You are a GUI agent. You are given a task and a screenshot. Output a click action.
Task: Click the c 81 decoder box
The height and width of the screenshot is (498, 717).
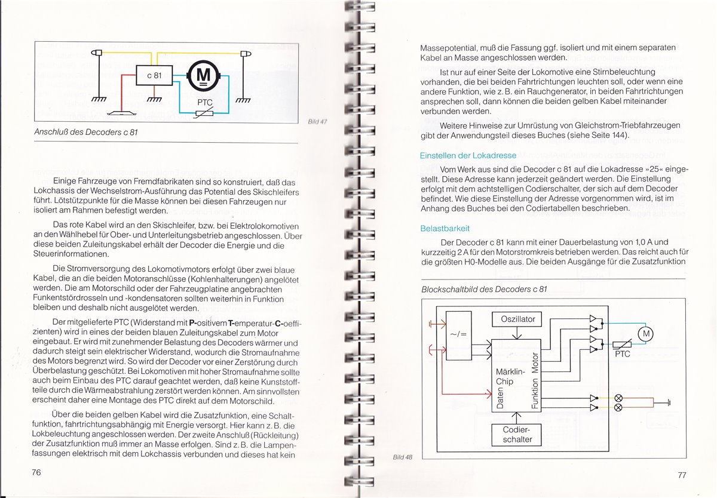[154, 76]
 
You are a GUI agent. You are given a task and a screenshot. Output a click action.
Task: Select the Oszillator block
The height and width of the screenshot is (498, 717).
[517, 319]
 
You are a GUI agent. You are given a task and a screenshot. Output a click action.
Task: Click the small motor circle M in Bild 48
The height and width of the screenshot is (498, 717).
[645, 334]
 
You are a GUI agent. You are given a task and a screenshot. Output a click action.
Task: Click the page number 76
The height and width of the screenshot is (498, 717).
[36, 472]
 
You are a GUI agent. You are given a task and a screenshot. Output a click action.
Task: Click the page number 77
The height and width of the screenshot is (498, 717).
[682, 475]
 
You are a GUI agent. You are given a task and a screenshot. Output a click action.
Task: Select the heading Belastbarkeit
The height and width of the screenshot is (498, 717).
[445, 229]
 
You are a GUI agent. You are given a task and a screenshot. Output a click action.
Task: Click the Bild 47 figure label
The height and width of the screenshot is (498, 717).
[318, 121]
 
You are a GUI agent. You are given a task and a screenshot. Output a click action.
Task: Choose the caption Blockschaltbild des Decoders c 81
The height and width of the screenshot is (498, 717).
[484, 290]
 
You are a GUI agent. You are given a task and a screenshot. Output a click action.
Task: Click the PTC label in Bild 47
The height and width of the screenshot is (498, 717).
[205, 102]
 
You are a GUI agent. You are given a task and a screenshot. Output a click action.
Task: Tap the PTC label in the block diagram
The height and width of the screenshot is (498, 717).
[623, 355]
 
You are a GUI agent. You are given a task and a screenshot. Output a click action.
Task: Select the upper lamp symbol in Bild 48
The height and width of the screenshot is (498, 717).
[618, 398]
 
